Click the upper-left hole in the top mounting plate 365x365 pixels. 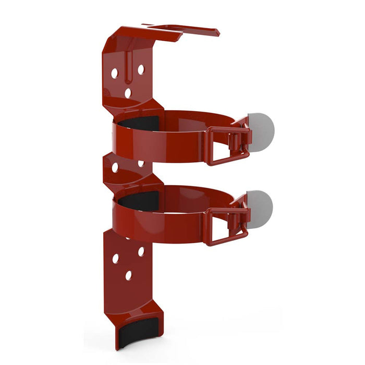tap(114, 74)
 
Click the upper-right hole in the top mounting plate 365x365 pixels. tap(140, 69)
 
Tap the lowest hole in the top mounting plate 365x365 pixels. tap(128, 93)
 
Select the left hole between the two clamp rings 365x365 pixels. tap(115, 168)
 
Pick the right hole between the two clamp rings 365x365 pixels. tap(140, 164)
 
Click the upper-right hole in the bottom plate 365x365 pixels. tap(141, 251)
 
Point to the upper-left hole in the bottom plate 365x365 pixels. tap(115, 258)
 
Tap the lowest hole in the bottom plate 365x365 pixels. tap(128, 275)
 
